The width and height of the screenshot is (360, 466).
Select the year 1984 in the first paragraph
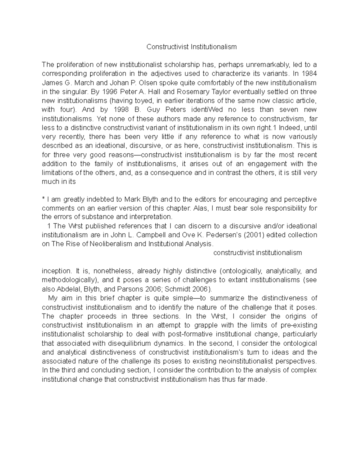click(309, 74)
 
